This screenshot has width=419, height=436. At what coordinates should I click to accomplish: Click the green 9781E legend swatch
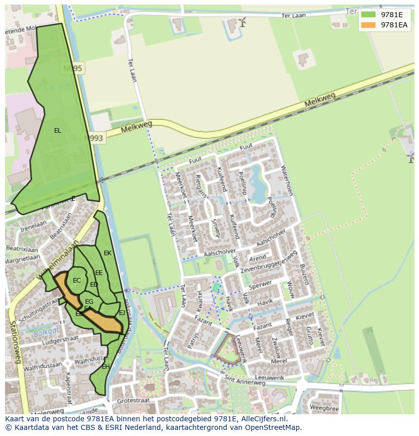coord(368,14)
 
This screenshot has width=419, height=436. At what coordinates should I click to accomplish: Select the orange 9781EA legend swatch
coord(368,25)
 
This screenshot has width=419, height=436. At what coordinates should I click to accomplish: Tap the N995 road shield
coord(73,68)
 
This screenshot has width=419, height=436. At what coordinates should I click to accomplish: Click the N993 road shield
coord(94,138)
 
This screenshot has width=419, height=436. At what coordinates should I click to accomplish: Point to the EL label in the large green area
coord(58,131)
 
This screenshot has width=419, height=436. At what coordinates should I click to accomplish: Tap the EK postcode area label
coord(107,253)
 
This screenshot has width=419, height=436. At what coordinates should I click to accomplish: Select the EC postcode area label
coord(77,281)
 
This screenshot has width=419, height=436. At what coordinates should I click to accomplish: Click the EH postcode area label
coord(106,367)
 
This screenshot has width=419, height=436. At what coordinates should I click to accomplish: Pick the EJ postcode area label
coord(122,313)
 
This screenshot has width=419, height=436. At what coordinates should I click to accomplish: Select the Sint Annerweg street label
coord(245,379)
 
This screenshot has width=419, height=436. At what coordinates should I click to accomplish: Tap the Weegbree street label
coord(324,408)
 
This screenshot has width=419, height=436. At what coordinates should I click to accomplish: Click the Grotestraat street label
coord(133,400)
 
